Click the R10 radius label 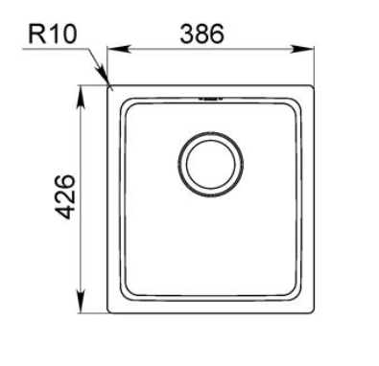[x=53, y=34]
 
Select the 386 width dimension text [x=202, y=34]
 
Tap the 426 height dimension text [x=65, y=196]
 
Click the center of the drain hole [x=211, y=164]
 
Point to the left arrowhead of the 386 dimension [x=118, y=49]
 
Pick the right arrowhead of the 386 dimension [x=302, y=49]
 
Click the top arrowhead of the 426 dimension [x=82, y=97]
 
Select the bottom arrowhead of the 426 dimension [x=82, y=301]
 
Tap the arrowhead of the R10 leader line [x=103, y=74]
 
